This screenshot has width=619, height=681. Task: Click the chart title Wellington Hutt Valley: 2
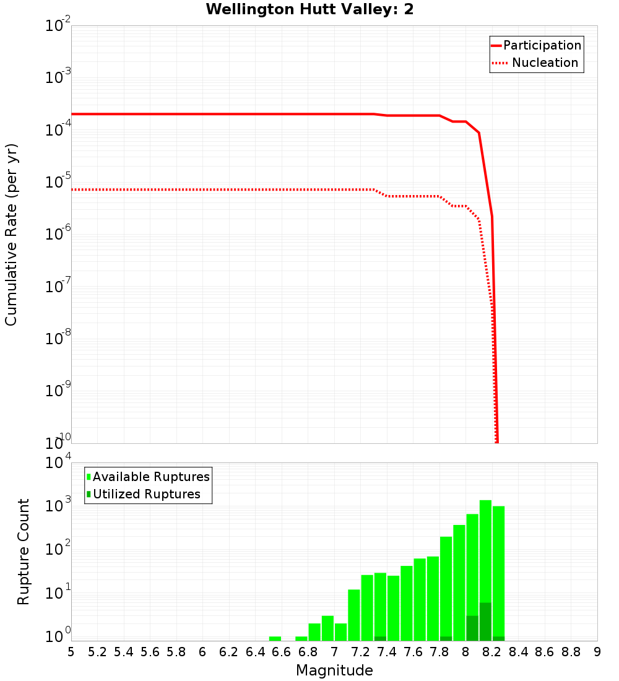(309, 9)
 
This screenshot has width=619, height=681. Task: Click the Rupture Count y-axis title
(24, 552)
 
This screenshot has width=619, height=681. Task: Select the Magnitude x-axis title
(334, 670)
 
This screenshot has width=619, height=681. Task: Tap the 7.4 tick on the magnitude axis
(386, 652)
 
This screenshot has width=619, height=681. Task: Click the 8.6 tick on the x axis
(545, 652)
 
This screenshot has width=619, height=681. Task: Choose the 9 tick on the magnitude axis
(597, 652)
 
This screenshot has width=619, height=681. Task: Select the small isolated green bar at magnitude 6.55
(275, 638)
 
